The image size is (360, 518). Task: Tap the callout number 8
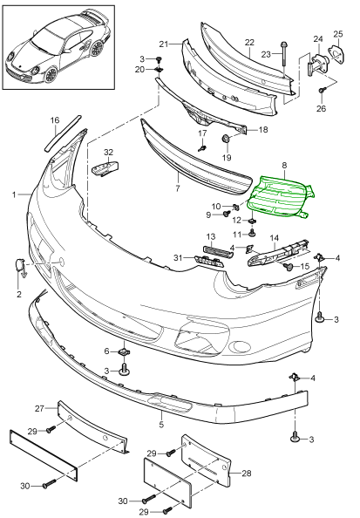click(284, 165)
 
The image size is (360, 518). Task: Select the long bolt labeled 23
click(283, 58)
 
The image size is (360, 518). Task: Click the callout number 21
click(164, 44)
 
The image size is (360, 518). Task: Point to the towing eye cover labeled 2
click(20, 266)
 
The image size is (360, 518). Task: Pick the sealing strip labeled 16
click(62, 133)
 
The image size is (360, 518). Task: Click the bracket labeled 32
click(105, 168)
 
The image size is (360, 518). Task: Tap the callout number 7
click(178, 188)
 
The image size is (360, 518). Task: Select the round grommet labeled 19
click(225, 139)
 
